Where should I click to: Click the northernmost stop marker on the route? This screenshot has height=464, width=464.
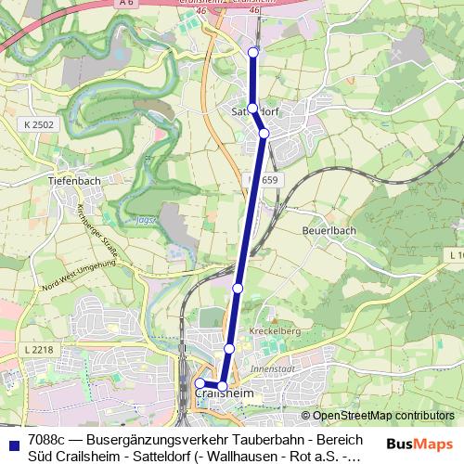(253, 53)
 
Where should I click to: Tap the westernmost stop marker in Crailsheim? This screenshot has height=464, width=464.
(200, 382)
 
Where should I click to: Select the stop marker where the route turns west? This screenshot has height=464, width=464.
(223, 386)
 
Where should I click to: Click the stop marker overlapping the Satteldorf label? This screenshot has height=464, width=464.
(252, 109)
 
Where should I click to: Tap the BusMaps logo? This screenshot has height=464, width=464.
(419, 444)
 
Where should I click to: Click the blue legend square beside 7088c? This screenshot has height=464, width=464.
(13, 445)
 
